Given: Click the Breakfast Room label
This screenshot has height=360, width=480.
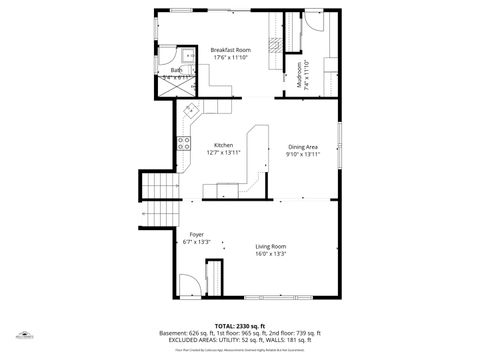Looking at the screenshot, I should tap(230, 49).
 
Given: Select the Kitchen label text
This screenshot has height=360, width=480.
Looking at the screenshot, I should tap(223, 145).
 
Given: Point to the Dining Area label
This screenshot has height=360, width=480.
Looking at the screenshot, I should tap(303, 146).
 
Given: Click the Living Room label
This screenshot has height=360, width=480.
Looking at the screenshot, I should tap(270, 246).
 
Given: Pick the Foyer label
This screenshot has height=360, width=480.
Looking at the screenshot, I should tap(196, 234).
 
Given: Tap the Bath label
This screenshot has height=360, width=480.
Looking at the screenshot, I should tap(176, 69).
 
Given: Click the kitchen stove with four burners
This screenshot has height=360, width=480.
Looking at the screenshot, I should tap(184, 142).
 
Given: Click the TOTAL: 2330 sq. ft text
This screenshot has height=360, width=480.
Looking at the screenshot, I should tap(240, 326).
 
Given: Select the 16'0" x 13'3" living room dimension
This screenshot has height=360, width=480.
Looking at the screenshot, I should tap(270, 254).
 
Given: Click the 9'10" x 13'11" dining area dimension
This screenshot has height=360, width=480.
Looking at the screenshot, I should tap(303, 154).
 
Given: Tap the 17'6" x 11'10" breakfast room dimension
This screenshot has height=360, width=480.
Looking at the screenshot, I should tap(230, 57).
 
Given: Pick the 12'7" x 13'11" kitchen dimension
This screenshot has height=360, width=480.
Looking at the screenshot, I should tap(223, 153).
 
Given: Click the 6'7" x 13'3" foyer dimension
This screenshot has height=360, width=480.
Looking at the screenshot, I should tap(196, 242).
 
